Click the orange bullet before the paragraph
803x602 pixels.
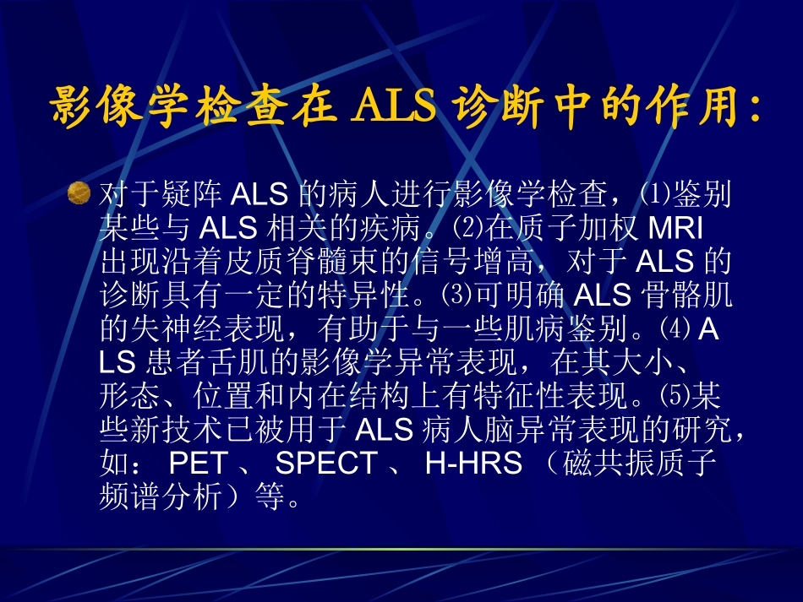79,193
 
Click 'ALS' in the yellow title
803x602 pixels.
396,106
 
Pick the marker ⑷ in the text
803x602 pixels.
680,328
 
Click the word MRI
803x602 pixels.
675,228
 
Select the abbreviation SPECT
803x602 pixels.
326,463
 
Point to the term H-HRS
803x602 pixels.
473,463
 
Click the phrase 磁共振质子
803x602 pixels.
636,463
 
